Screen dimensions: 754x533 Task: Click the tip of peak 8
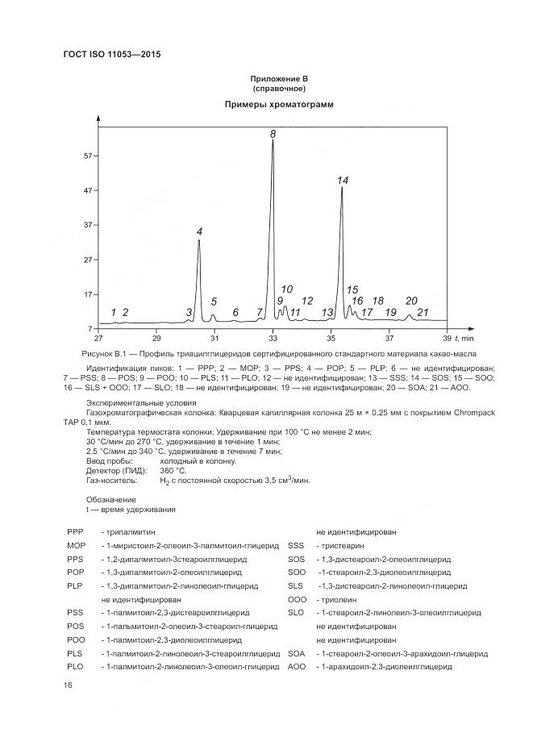[x=273, y=140]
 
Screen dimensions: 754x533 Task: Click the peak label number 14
[x=343, y=181]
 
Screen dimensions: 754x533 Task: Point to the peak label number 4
[x=200, y=232]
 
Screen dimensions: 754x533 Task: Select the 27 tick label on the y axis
[x=90, y=260]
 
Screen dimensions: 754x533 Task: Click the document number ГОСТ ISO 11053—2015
[x=114, y=55]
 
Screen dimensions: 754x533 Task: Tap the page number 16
[x=69, y=685]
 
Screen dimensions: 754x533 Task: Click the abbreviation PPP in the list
[x=75, y=532]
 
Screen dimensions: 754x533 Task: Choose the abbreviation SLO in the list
[x=296, y=613]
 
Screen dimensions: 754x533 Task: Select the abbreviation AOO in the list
[x=297, y=667]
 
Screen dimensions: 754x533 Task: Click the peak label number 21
[x=423, y=312]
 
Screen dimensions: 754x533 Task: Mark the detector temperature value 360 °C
[x=173, y=470]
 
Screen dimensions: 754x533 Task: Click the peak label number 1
[x=114, y=312]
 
